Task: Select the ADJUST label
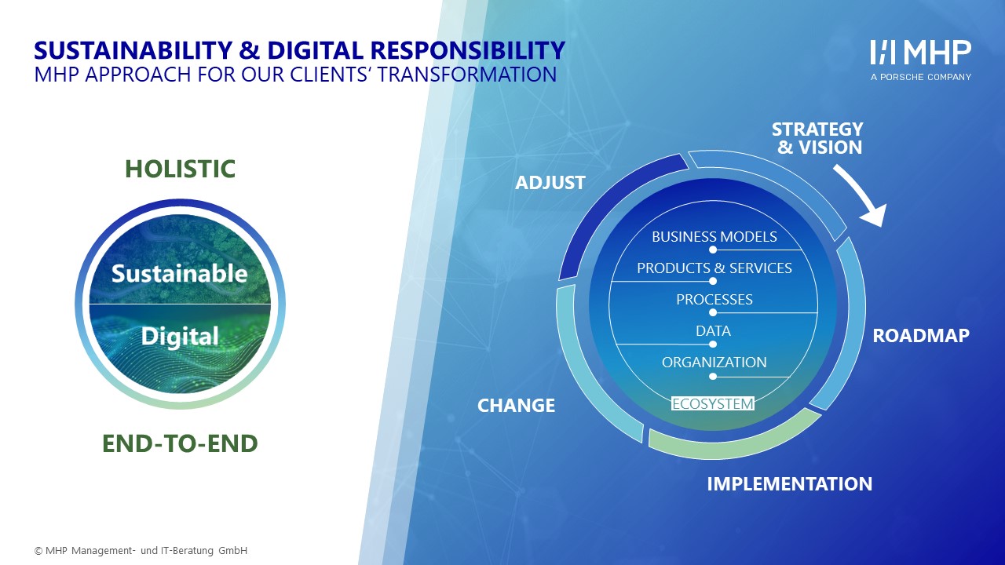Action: click(x=550, y=183)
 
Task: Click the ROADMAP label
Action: click(x=921, y=335)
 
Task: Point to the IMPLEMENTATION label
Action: click(x=790, y=484)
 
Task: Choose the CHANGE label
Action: click(x=516, y=406)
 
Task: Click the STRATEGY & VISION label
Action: click(x=817, y=138)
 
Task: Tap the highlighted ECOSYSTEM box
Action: click(x=713, y=403)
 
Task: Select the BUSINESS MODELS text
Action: click(x=714, y=236)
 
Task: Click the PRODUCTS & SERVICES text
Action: click(x=714, y=268)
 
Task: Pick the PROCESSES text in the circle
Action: click(x=714, y=299)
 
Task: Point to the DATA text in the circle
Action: click(x=714, y=330)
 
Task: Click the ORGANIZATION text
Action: click(x=714, y=362)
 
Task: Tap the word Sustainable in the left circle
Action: click(x=180, y=274)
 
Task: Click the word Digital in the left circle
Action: click(x=180, y=337)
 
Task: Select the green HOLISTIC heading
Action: click(x=180, y=169)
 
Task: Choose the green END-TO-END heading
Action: click(x=180, y=443)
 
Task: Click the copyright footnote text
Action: click(x=141, y=550)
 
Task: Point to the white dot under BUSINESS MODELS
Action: click(x=713, y=250)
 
